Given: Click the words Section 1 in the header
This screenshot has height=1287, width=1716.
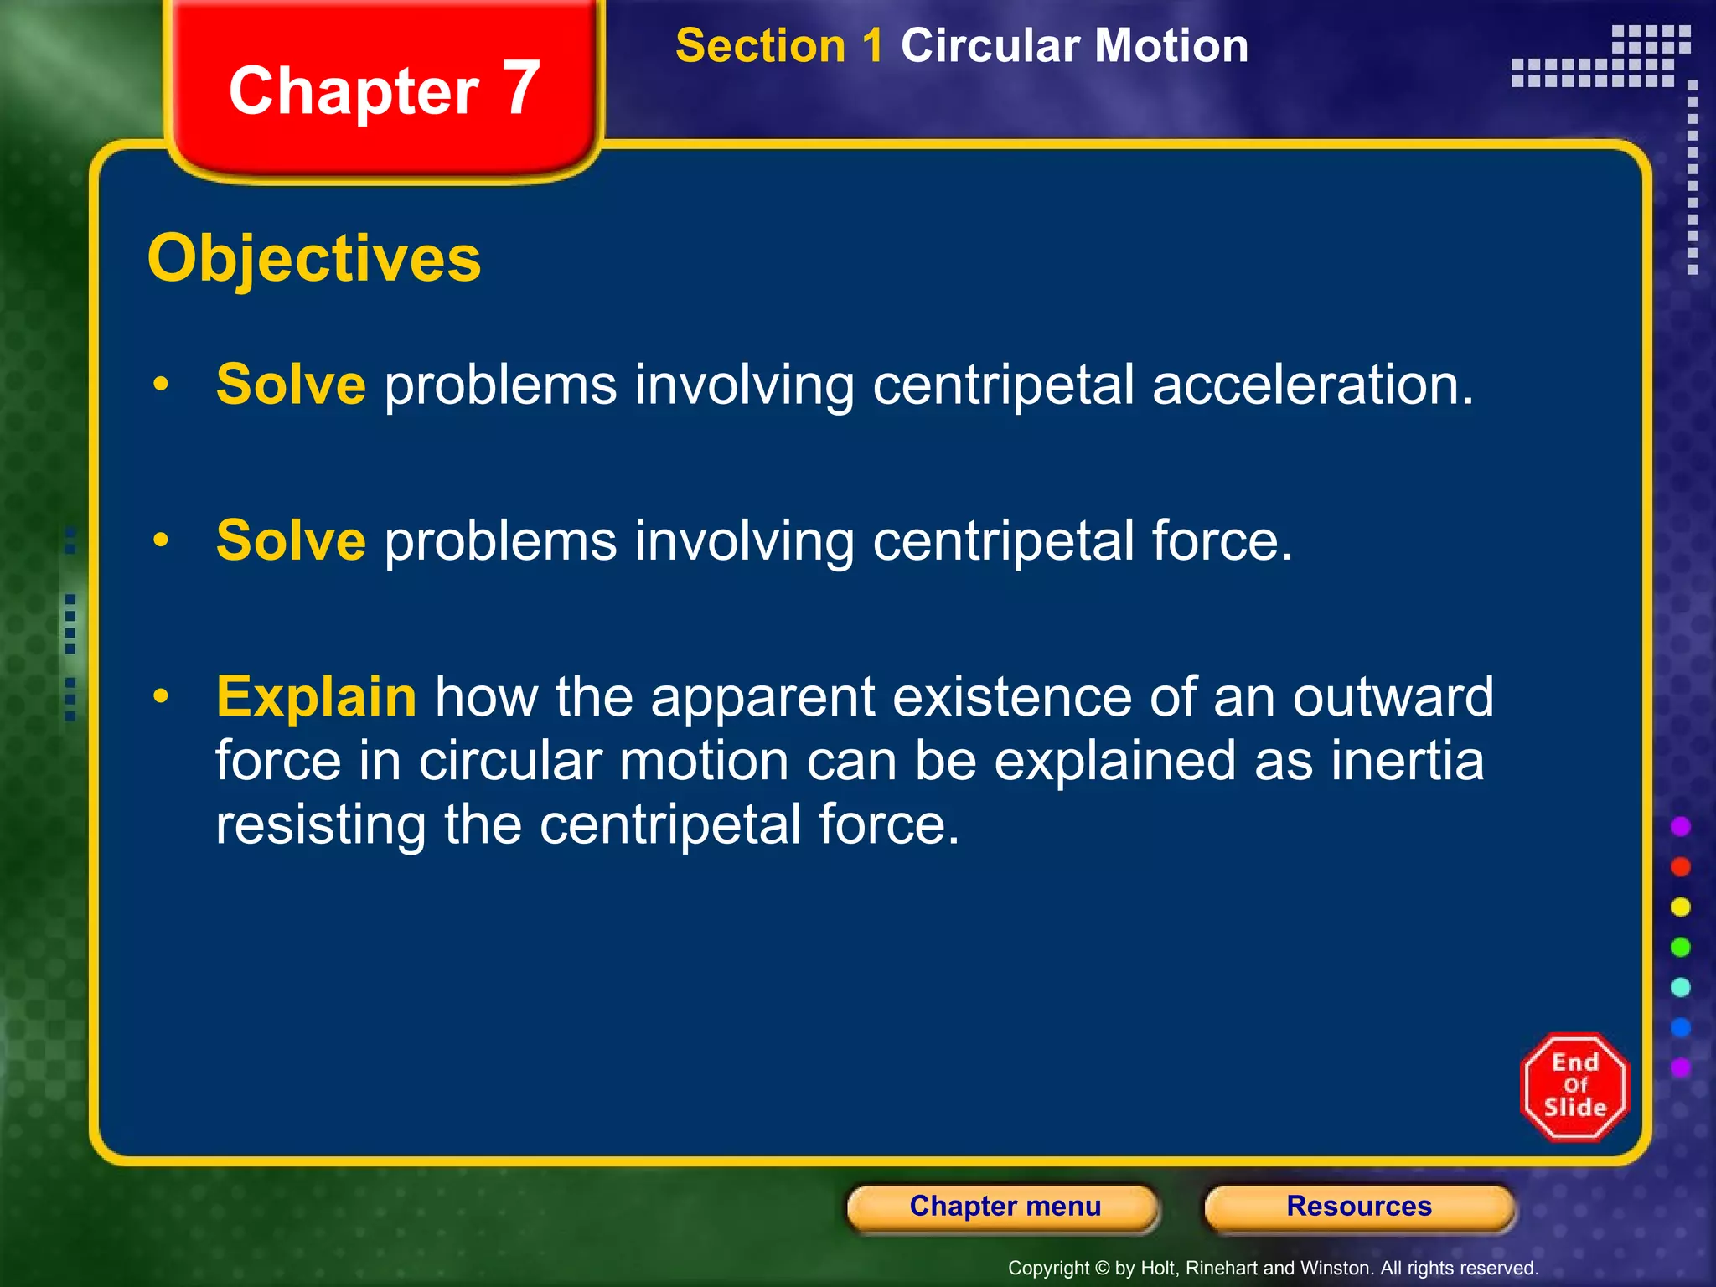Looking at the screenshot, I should [779, 45].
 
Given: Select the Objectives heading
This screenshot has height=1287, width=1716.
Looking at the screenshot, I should [314, 258].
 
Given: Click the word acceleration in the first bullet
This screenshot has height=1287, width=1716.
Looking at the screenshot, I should [1312, 385].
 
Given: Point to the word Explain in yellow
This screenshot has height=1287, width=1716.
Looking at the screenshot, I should [316, 696].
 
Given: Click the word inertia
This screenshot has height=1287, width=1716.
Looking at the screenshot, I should [1408, 760].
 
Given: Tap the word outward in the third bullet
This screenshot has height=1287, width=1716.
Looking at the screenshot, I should [1393, 696].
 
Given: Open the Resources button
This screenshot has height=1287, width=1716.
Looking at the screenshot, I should [1359, 1206].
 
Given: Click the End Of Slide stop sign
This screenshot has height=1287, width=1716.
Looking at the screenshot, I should [1574, 1087].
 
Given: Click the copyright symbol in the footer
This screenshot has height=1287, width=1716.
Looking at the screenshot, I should [1102, 1269].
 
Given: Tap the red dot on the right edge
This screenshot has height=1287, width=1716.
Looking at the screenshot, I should [1680, 866].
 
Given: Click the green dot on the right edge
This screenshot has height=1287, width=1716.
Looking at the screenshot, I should [1680, 947].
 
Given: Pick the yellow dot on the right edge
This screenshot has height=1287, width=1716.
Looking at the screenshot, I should [1680, 907].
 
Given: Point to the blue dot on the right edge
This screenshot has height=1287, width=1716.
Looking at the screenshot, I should [1680, 1027].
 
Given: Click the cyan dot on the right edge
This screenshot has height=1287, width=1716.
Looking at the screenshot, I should [1680, 987].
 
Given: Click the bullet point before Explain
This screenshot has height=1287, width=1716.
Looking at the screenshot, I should [161, 696].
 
